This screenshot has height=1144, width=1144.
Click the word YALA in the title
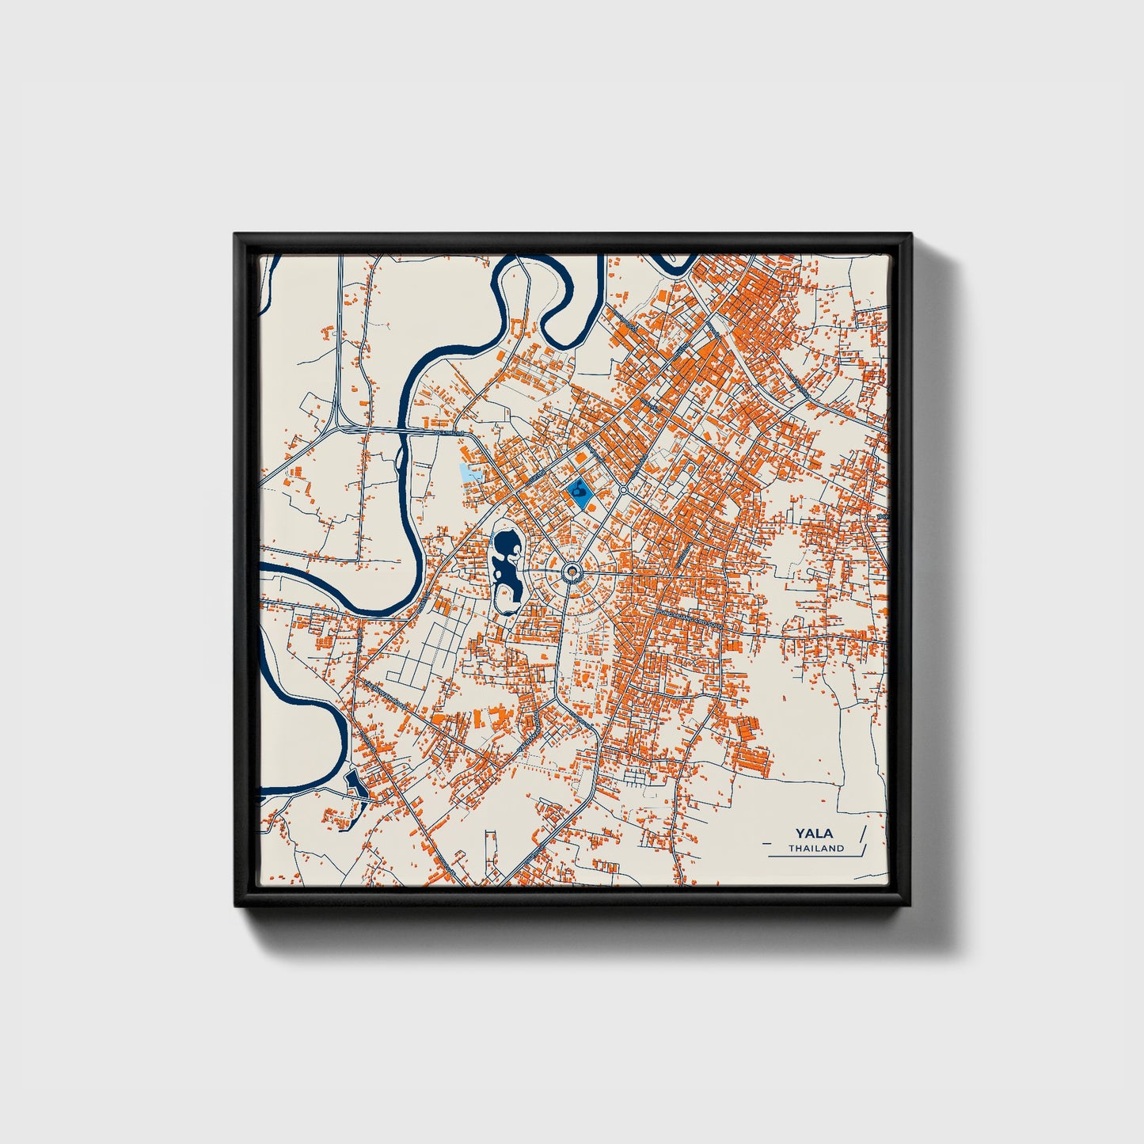coord(815,834)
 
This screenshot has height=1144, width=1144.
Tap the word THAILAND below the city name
coord(815,848)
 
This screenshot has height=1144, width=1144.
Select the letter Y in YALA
coord(801,834)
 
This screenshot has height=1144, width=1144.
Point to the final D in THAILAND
coord(841,848)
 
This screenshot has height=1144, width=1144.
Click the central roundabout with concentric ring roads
coord(572,570)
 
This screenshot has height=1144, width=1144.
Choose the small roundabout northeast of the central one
coord(624,491)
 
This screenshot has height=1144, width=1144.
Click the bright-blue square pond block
coord(581,493)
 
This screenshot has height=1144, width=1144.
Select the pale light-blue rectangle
coord(471,474)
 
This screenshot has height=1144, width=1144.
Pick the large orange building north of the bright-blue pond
coord(582,458)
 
